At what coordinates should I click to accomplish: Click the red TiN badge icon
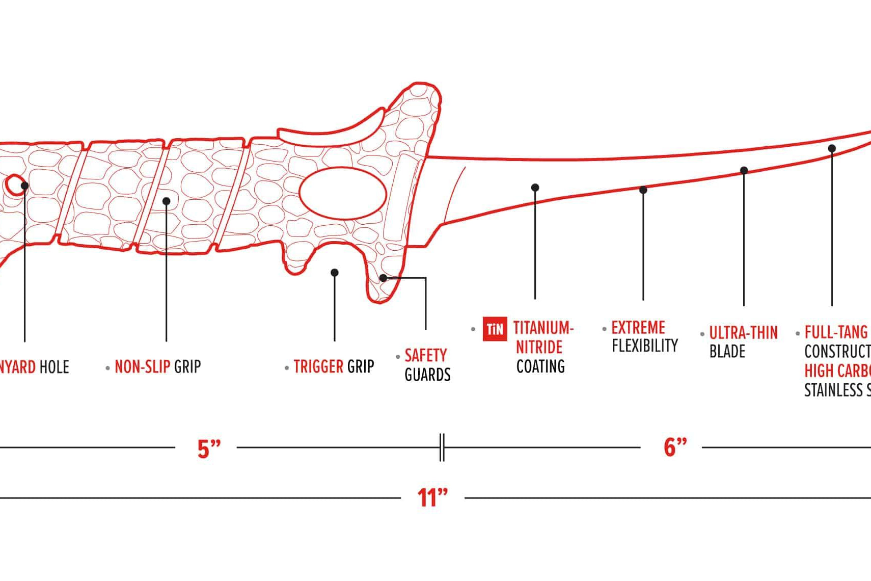[x=494, y=329]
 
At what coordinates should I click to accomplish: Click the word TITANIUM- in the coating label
[x=543, y=328]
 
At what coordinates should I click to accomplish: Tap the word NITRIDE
[x=539, y=347]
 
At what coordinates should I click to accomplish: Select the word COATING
[x=540, y=366]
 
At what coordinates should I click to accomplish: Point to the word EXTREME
[x=638, y=327]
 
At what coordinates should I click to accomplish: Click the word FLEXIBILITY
[x=645, y=346]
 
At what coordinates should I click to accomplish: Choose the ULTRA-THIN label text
[x=743, y=333]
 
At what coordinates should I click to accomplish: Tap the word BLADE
[x=727, y=352]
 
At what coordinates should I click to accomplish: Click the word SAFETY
[x=425, y=355]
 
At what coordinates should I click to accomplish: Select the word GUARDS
[x=427, y=375]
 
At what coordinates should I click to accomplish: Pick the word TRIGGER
[x=318, y=366]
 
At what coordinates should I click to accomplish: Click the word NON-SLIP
[x=142, y=366]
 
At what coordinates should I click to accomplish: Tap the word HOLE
[x=54, y=367]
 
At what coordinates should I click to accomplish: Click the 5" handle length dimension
[x=209, y=448]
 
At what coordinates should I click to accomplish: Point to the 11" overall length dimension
[x=432, y=497]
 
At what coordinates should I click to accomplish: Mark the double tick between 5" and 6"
[x=442, y=447]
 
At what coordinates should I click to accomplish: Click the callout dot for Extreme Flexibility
[x=643, y=190]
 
